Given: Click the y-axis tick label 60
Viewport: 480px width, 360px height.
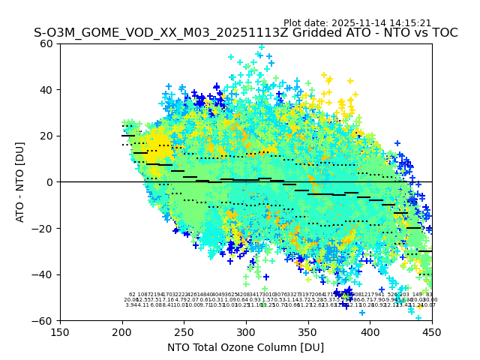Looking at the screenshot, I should (46, 43).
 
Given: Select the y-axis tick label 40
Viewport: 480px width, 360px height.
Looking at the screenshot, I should (46, 90).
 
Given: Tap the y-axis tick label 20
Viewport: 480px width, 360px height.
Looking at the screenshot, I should (46, 136).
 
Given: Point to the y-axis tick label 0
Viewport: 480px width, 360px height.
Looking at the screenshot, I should (49, 182).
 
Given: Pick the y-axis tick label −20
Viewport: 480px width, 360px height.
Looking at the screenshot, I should (43, 228).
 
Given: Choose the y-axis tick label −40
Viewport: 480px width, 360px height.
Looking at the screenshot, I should (43, 274).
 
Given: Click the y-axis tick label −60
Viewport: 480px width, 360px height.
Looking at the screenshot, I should (43, 320).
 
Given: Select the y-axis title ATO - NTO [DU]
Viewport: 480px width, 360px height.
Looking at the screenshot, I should (21, 182).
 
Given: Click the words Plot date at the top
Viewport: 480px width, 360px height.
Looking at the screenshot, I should (307, 23).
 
